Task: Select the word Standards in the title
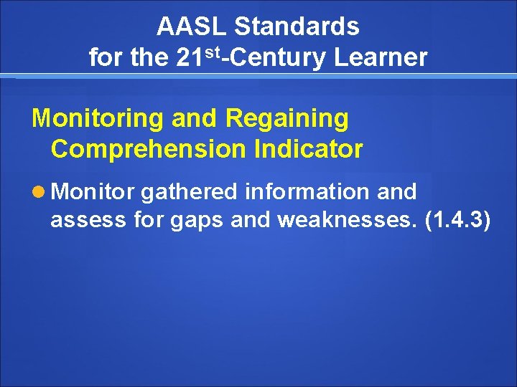click(x=297, y=27)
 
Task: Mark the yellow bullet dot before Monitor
click(x=39, y=192)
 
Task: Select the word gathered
click(x=190, y=192)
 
